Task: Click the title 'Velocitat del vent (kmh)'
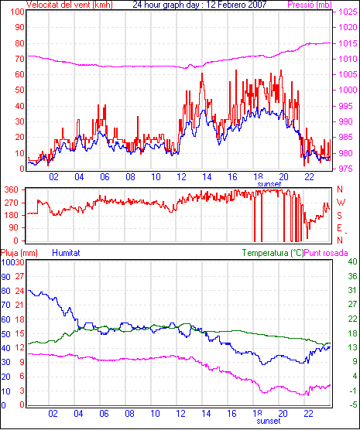[x=70, y=5]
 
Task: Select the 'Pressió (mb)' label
[x=310, y=5]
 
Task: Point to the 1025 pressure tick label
[x=348, y=12]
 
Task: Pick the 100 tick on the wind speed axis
[x=18, y=12]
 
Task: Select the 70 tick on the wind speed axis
[x=19, y=59]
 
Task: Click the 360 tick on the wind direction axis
[x=12, y=189]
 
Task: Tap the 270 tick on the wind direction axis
[x=12, y=203]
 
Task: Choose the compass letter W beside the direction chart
[x=341, y=203]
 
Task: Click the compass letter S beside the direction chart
[x=340, y=216]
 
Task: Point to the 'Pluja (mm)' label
[x=19, y=253]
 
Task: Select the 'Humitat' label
[x=66, y=253]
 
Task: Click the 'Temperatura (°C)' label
[x=273, y=253]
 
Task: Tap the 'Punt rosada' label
[x=326, y=253]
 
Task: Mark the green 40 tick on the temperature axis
[x=352, y=261]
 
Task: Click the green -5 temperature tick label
[x=352, y=404]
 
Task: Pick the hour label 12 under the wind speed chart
[x=181, y=177]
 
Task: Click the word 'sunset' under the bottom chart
[x=269, y=421]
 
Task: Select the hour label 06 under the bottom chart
[x=104, y=413]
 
